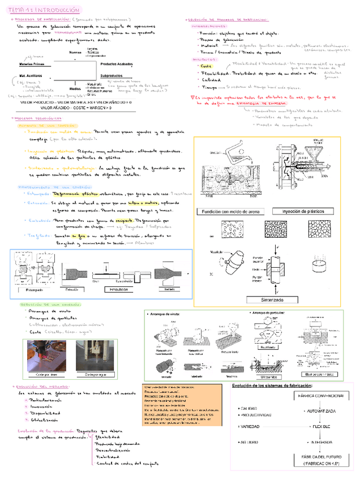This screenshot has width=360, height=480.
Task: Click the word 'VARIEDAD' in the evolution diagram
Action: (x=251, y=426)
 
